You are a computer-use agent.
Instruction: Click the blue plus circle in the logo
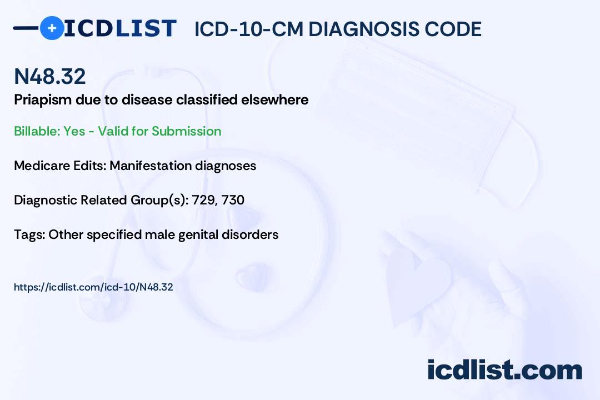tap(52, 28)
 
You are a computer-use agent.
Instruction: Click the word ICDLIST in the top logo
tap(120, 28)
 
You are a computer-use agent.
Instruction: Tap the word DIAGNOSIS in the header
tap(357, 29)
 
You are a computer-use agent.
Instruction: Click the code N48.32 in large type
tap(50, 76)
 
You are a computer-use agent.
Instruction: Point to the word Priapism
tap(43, 100)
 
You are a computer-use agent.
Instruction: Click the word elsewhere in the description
tap(274, 99)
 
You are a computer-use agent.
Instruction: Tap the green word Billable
tap(37, 131)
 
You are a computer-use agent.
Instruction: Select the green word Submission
tap(186, 131)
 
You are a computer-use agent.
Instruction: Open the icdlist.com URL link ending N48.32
tap(93, 287)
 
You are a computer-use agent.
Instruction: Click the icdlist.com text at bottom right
tap(504, 370)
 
